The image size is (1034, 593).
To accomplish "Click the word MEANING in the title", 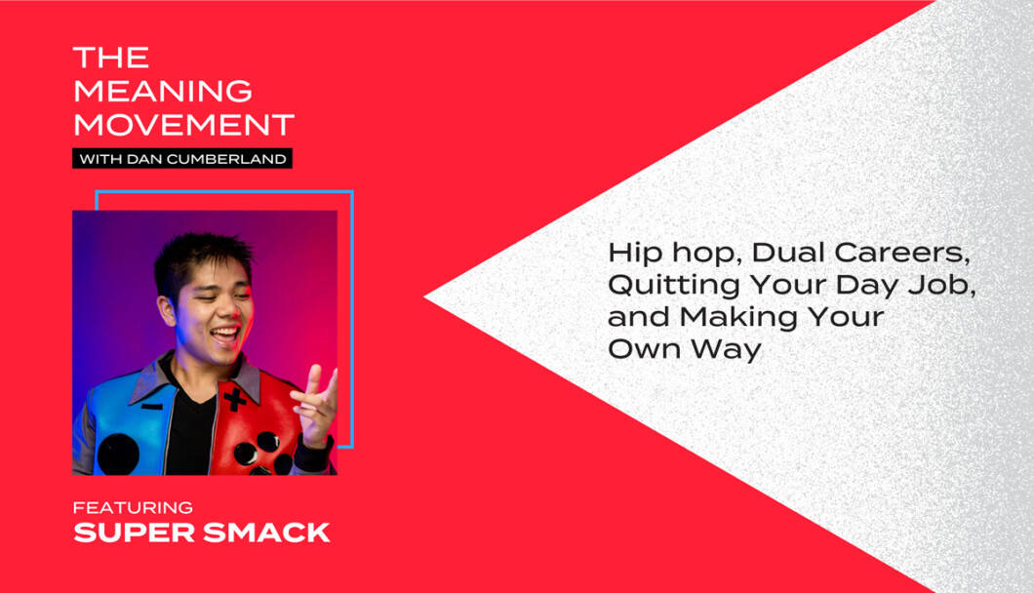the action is pyautogui.click(x=163, y=91).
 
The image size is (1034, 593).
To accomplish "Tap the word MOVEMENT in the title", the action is pyautogui.click(x=184, y=125).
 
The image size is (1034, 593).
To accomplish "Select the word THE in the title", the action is pyautogui.click(x=111, y=58).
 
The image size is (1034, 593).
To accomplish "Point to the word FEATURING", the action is pyautogui.click(x=133, y=507).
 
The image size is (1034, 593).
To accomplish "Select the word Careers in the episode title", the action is pyautogui.click(x=901, y=254).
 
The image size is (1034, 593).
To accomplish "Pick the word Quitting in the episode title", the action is pyautogui.click(x=674, y=287).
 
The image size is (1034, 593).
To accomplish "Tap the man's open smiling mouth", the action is pyautogui.click(x=226, y=335).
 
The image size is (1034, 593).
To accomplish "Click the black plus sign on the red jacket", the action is pyautogui.click(x=234, y=399).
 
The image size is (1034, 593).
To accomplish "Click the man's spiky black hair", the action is pyautogui.click(x=201, y=259).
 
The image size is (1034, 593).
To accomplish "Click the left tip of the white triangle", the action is pyautogui.click(x=424, y=297).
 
